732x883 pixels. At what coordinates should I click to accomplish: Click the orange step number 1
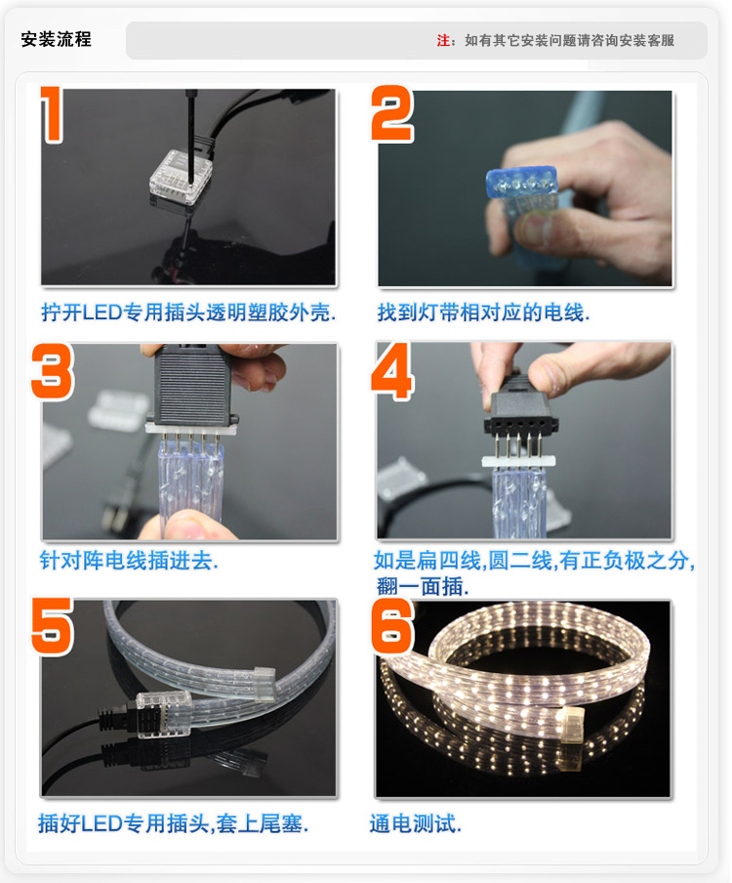click(x=53, y=113)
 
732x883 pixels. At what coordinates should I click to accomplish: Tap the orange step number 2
click(x=392, y=113)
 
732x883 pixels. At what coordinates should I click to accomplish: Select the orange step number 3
click(x=53, y=371)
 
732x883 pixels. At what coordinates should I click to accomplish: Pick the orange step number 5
click(x=53, y=626)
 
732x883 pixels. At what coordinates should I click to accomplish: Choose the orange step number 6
click(x=392, y=626)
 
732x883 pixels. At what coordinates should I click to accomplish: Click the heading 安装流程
click(x=56, y=39)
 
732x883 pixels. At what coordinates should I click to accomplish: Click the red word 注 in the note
click(x=443, y=41)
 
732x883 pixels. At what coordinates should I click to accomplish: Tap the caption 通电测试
click(x=415, y=823)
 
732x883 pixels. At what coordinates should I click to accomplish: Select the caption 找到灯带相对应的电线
click(x=483, y=312)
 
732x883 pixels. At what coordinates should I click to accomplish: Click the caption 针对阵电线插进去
click(x=129, y=561)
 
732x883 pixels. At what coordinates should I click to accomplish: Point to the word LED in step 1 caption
click(x=102, y=312)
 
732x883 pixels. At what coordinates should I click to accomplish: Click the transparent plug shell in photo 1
click(x=182, y=178)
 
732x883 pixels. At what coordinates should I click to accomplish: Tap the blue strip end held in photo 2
click(x=521, y=182)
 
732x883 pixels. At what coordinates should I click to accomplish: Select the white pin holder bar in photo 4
click(x=518, y=461)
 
